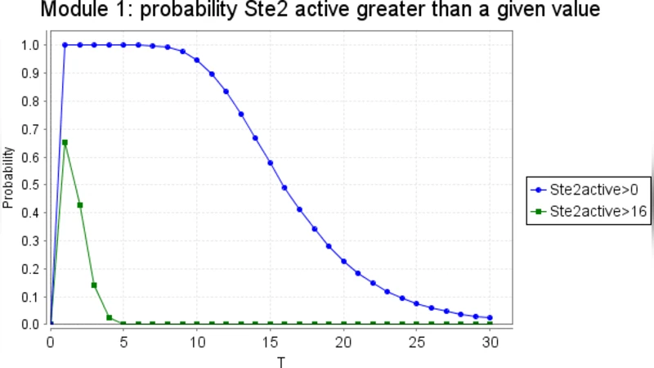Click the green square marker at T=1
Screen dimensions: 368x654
tap(65, 142)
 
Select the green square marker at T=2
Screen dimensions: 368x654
tap(80, 205)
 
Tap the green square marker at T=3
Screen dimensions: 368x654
tap(95, 285)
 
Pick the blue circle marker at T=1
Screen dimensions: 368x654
tap(65, 45)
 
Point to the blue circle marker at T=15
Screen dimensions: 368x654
tap(270, 163)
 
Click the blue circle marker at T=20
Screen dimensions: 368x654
tap(343, 261)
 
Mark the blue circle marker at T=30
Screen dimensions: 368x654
tap(490, 318)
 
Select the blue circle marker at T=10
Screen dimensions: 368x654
tap(197, 60)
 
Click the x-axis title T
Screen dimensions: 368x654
tap(281, 359)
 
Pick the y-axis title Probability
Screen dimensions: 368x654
tap(9, 178)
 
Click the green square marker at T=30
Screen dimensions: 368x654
tap(490, 324)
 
